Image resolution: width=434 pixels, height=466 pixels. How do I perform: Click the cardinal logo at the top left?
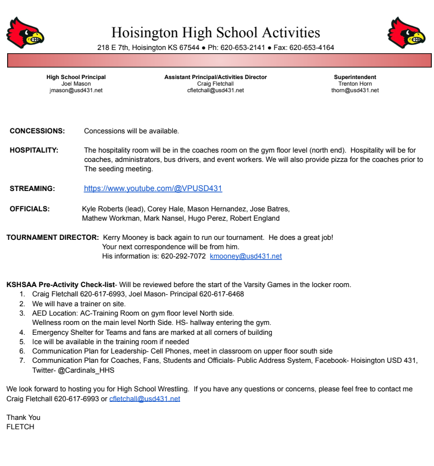tap(25, 32)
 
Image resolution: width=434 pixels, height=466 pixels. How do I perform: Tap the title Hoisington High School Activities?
tap(215, 32)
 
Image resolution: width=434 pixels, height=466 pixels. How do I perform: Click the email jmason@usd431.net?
tap(76, 91)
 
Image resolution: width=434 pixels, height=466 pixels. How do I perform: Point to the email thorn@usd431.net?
tap(355, 91)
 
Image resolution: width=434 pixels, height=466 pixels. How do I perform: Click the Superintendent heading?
tap(355, 77)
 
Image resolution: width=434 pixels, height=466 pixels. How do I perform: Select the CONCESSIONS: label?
tap(37, 131)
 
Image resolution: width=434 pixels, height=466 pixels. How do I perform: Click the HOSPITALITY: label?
tap(34, 150)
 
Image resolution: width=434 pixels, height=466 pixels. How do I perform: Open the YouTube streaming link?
tap(153, 189)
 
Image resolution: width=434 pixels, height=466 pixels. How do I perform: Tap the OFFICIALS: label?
tap(30, 209)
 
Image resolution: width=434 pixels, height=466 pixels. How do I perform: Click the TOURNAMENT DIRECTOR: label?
tap(53, 238)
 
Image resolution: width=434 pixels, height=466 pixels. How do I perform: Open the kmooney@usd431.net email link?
tap(246, 256)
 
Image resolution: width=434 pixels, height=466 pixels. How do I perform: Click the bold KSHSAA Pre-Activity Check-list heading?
tap(60, 285)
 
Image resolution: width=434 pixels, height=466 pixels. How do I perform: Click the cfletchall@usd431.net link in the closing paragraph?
tap(144, 399)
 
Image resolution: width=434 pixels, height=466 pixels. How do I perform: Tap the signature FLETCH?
tap(20, 426)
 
